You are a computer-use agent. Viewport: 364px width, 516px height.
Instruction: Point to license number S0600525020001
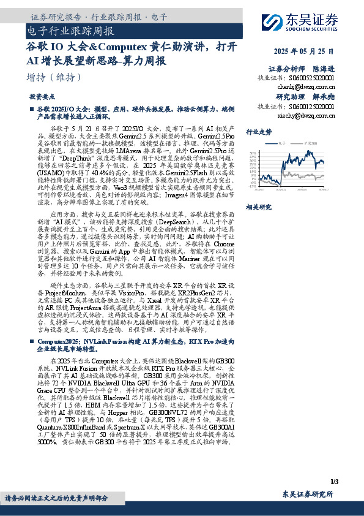pyautogui.click(x=313, y=78)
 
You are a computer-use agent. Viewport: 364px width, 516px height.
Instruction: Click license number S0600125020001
pyautogui.click(x=313, y=106)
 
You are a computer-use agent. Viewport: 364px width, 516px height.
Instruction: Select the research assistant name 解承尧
pyautogui.click(x=322, y=97)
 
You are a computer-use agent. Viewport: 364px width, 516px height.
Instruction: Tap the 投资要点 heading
pyautogui.click(x=42, y=97)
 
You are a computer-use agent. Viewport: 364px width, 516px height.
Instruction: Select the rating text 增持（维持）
pyautogui.click(x=54, y=78)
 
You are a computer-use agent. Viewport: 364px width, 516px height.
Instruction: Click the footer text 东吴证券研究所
pyautogui.click(x=308, y=494)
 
